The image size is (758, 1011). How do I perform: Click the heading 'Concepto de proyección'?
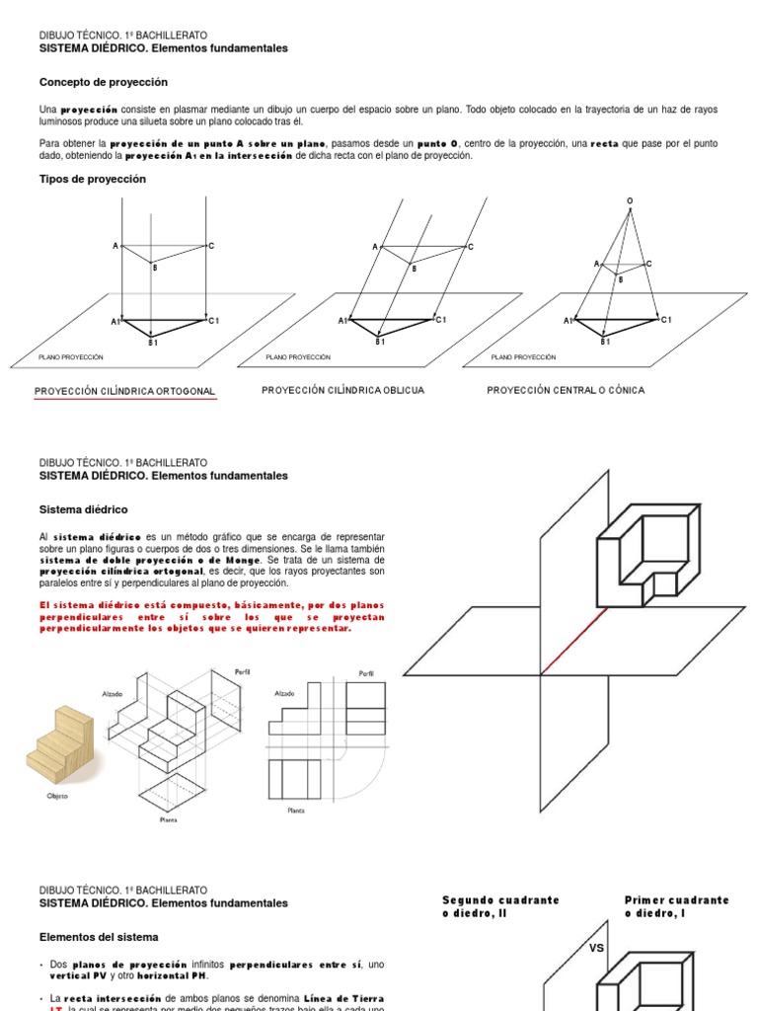103,82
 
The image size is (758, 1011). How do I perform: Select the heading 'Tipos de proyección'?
92,179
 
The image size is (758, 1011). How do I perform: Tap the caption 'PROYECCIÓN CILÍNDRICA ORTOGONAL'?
124,392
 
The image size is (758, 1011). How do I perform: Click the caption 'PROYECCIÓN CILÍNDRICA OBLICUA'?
342,390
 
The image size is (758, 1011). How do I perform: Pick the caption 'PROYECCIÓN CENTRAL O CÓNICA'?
566,390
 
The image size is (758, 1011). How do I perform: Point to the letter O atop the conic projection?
630,201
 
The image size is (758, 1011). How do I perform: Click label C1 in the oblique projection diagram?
441,319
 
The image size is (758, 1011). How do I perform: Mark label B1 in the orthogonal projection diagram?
153,342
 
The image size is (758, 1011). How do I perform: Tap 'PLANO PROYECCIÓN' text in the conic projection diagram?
523,357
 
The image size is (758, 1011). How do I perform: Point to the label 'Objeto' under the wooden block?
57,796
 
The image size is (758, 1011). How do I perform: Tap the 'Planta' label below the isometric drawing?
168,819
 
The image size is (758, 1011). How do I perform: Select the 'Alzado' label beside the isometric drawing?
112,694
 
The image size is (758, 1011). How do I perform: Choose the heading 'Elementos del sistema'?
98,936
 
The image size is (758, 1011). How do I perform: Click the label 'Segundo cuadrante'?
500,900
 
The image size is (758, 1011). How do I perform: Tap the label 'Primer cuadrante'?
677,900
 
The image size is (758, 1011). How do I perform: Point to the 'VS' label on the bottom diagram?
596,947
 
